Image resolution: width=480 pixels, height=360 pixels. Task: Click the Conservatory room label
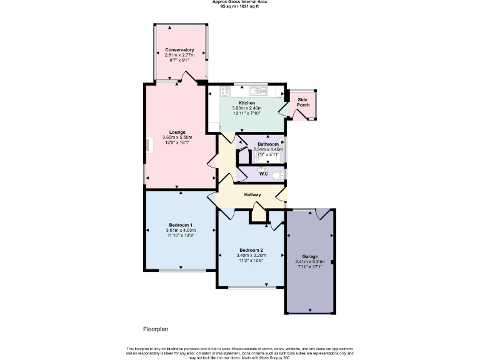pyautogui.click(x=179, y=50)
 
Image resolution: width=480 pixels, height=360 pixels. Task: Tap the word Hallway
pyautogui.click(x=252, y=195)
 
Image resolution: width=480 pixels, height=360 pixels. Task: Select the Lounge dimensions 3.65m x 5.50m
pyautogui.click(x=177, y=137)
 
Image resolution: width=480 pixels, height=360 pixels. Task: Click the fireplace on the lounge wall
pyautogui.click(x=148, y=145)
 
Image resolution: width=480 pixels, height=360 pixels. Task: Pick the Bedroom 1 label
pyautogui.click(x=180, y=225)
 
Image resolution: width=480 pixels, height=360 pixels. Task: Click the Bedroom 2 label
pyautogui.click(x=251, y=250)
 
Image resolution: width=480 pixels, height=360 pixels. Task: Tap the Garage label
pyautogui.click(x=310, y=256)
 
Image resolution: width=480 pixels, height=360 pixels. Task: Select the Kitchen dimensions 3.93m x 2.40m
pyautogui.click(x=246, y=108)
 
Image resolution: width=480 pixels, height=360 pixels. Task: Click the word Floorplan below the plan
pyautogui.click(x=156, y=329)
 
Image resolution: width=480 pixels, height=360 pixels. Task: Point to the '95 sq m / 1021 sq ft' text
pyautogui.click(x=239, y=6)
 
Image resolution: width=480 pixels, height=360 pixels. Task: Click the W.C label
pyautogui.click(x=264, y=174)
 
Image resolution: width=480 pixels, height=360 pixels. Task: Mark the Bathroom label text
pyautogui.click(x=268, y=144)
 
